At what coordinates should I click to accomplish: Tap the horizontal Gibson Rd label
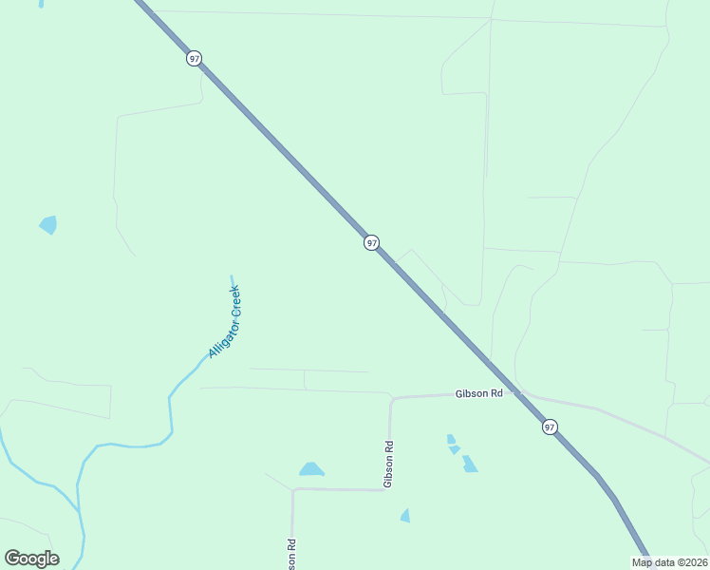pyautogui.click(x=477, y=393)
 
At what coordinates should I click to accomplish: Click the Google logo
pyautogui.click(x=31, y=559)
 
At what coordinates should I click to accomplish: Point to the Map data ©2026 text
pyautogui.click(x=669, y=562)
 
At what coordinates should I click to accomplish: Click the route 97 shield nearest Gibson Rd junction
pyautogui.click(x=550, y=427)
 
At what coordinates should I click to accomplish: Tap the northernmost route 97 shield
pyautogui.click(x=194, y=59)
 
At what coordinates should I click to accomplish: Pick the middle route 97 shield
pyautogui.click(x=371, y=243)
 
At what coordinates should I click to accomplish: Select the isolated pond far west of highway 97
pyautogui.click(x=47, y=225)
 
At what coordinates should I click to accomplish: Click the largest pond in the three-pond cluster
pyautogui.click(x=469, y=465)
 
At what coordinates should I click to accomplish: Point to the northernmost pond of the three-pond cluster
pyautogui.click(x=451, y=439)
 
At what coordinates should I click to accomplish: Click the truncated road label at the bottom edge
pyautogui.click(x=291, y=555)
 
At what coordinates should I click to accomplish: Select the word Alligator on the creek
pyautogui.click(x=220, y=339)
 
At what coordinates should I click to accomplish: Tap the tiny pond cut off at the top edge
pyautogui.click(x=41, y=4)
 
